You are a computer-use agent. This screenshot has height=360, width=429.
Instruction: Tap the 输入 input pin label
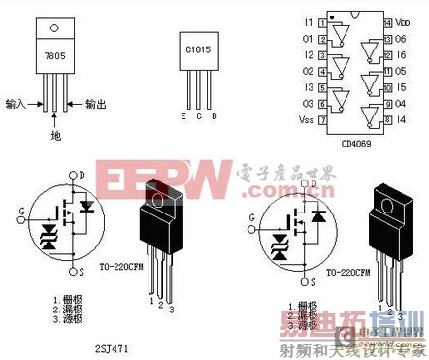pos(16,102)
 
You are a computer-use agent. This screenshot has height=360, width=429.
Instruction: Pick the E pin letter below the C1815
pos(181,116)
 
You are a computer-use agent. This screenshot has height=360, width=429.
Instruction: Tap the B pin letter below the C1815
pos(214,116)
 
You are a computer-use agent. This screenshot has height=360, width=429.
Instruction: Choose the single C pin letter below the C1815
pos(198,116)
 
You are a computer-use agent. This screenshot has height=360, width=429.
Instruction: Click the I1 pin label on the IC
pos(310,20)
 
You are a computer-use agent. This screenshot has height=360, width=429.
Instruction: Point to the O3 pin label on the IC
pos(310,102)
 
